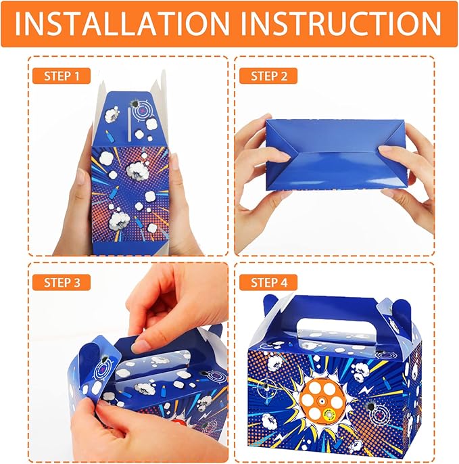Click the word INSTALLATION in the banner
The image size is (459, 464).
(x=121, y=24)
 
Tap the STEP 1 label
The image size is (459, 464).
(x=62, y=76)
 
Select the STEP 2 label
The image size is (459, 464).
(x=269, y=76)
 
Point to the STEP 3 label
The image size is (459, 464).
(x=62, y=283)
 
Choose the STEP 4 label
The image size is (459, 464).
(x=269, y=283)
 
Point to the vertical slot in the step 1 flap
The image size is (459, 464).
(x=130, y=124)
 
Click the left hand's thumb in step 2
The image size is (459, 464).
(x=274, y=154)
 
